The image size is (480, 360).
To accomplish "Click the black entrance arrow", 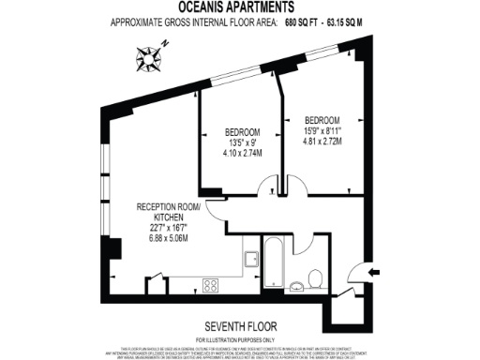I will click(x=375, y=273).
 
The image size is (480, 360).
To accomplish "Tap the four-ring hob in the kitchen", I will click(x=211, y=284).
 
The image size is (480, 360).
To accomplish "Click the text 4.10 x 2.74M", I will click(x=242, y=153).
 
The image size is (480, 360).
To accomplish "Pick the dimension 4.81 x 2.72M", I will click(x=322, y=142).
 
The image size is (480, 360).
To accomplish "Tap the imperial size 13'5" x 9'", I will click(x=241, y=142).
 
